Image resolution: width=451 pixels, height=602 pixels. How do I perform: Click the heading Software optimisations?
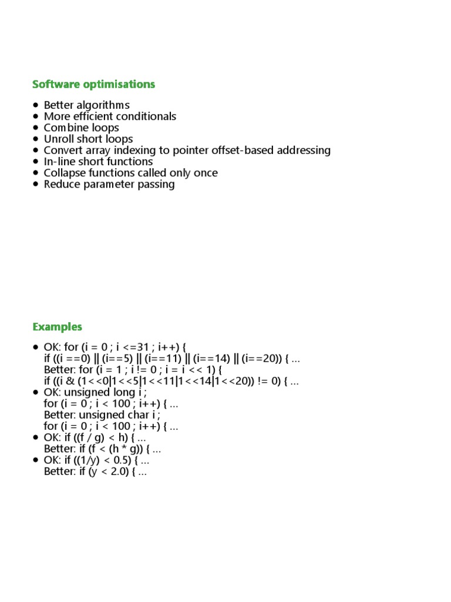coord(93,84)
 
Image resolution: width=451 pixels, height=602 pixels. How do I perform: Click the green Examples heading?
coord(57,327)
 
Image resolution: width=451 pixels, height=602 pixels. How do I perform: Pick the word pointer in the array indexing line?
coord(185,150)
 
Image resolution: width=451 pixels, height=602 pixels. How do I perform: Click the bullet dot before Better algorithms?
coord(36,105)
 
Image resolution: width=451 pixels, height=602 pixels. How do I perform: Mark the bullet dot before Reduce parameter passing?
coord(36,184)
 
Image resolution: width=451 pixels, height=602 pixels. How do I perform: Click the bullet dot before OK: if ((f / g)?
coord(36,437)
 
